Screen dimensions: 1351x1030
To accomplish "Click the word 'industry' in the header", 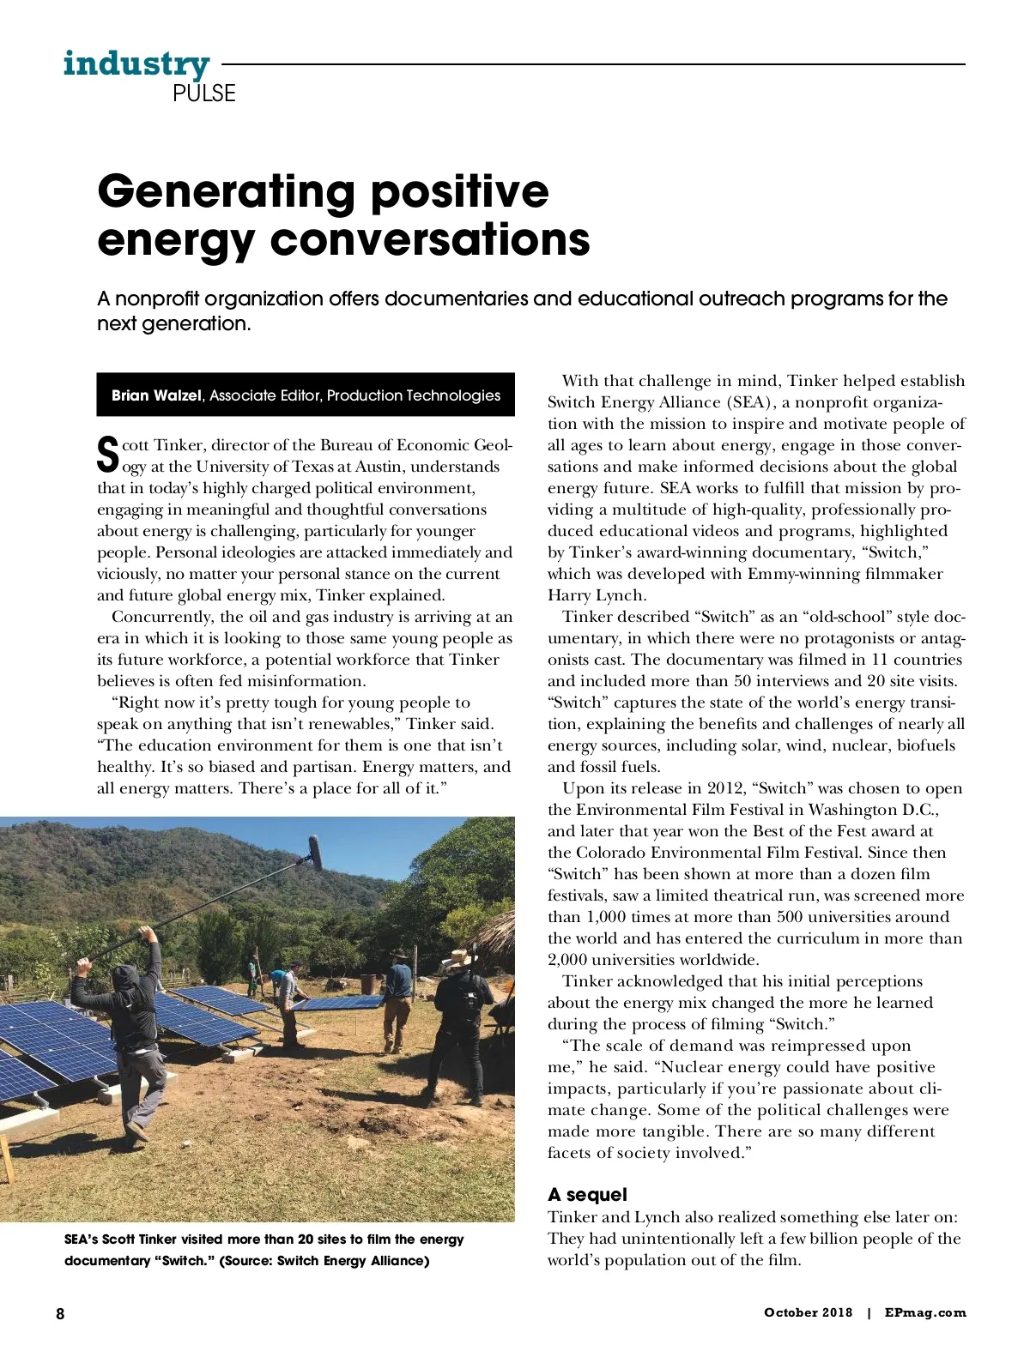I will point(136,64).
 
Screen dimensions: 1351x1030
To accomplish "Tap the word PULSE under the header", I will point(203,93).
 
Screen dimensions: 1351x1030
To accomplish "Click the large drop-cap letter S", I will point(107,455).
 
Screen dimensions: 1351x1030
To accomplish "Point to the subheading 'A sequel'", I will point(587,1195).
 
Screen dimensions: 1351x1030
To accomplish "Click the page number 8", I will point(60,1313).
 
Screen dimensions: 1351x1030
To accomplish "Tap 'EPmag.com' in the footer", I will point(925,1312).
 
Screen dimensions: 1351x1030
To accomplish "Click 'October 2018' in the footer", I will point(808,1312).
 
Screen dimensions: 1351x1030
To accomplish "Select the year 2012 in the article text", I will point(726,788).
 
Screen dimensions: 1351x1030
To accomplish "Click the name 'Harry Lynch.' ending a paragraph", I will point(597,595).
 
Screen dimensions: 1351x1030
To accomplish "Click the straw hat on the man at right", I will point(460,957).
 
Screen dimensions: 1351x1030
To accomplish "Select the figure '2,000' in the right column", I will point(567,960).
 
